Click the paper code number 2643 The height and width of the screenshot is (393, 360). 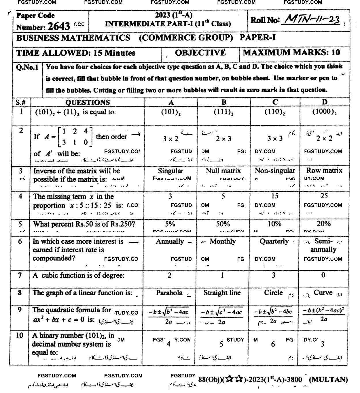[x=59, y=27]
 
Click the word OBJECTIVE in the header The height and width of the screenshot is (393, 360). [x=200, y=53]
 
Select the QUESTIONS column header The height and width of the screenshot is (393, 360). [x=88, y=102]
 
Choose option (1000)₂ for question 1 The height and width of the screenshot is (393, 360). [x=325, y=112]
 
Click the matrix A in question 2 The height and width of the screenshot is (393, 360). [x=75, y=137]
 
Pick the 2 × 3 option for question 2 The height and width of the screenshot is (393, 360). [x=223, y=139]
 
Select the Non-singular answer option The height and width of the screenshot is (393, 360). [x=275, y=171]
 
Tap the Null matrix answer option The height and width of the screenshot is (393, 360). [x=223, y=171]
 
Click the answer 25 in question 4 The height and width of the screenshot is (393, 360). [x=324, y=196]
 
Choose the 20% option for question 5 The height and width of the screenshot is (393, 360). [x=324, y=224]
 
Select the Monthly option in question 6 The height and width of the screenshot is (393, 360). [x=223, y=241]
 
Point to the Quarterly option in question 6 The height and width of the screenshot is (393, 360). [x=274, y=241]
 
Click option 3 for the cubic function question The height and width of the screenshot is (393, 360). [x=273, y=275]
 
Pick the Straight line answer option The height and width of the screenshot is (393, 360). [x=222, y=293]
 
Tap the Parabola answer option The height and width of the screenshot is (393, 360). [x=169, y=293]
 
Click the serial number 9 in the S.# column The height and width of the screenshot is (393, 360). [x=20, y=310]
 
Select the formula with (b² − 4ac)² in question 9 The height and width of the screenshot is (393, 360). [x=324, y=314]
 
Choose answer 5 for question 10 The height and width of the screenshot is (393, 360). [x=221, y=344]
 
